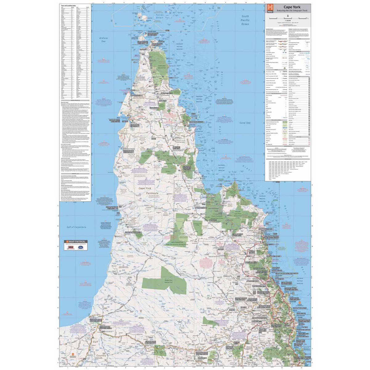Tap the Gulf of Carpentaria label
point(76,227)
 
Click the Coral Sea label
point(245,123)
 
